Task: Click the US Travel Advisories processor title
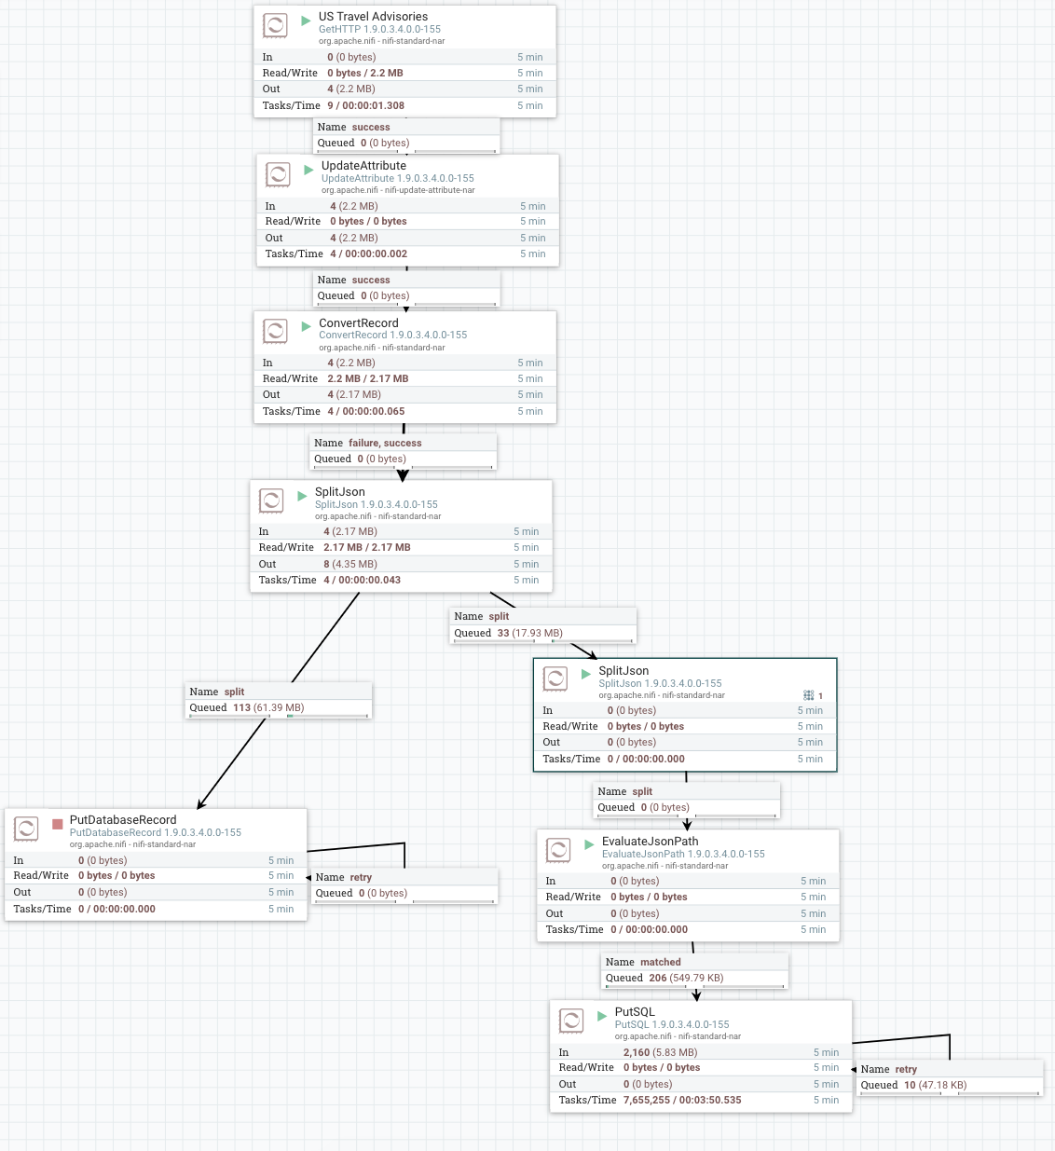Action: (373, 17)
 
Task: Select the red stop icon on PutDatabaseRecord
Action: (58, 824)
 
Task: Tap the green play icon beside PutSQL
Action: (602, 1016)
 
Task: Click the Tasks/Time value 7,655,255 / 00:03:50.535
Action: (682, 1100)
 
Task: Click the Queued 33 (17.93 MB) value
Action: (530, 633)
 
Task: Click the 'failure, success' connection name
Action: (385, 443)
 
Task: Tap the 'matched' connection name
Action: (660, 962)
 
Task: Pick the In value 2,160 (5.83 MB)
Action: (660, 1052)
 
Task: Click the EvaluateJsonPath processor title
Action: (650, 842)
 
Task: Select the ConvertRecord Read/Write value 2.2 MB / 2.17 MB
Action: (368, 378)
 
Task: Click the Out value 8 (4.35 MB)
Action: (350, 564)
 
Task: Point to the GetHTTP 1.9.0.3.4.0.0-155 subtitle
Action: (379, 29)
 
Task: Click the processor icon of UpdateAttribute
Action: (278, 174)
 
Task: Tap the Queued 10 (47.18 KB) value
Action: (935, 1085)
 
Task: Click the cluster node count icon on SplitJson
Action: (809, 695)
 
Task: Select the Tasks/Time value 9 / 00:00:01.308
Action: (365, 105)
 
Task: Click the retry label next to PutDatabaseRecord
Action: (361, 877)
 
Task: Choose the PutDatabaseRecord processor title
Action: (123, 820)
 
